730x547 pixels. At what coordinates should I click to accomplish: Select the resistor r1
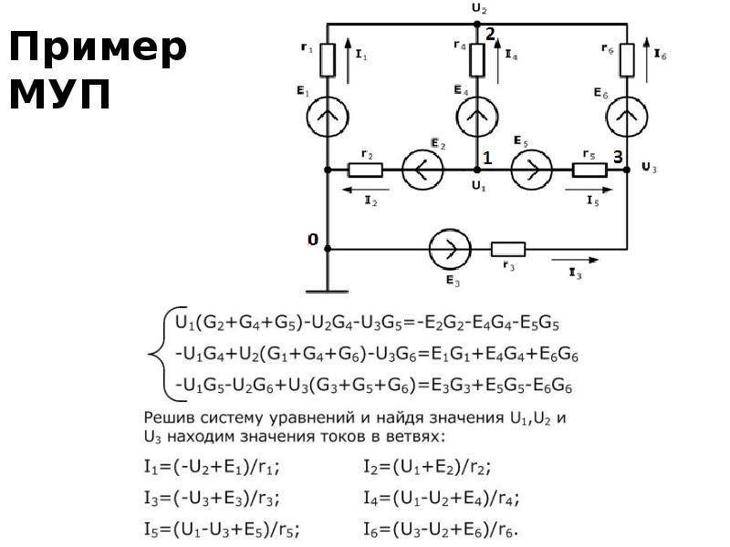tap(328, 61)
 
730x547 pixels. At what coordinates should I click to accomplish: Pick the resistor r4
tap(476, 60)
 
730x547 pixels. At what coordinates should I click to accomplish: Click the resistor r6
tap(627, 60)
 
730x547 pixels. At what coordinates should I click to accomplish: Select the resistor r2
tap(365, 170)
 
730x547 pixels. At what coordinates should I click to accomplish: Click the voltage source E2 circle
tap(422, 170)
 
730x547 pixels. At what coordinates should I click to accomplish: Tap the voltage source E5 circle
tap(531, 170)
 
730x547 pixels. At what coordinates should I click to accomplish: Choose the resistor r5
tap(589, 170)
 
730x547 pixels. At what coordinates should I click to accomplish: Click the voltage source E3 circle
tap(449, 248)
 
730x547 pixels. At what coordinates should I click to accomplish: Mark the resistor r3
tap(508, 248)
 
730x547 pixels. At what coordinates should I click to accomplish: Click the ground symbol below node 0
tap(328, 291)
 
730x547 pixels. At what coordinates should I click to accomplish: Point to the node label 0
tap(312, 240)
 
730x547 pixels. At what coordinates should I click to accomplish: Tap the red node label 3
tap(617, 157)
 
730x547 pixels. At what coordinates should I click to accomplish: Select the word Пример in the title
tap(98, 46)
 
